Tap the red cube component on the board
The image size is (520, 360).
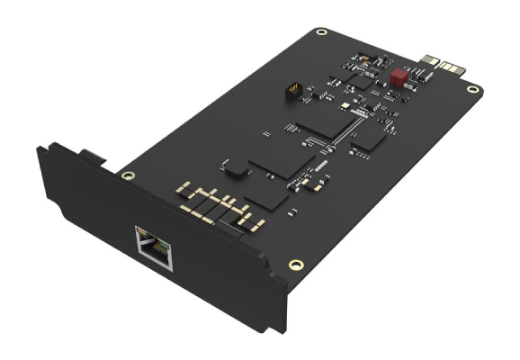397,76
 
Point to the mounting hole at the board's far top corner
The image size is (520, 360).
321,33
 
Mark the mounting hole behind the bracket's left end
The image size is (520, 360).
129,175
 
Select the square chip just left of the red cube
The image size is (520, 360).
361,78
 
